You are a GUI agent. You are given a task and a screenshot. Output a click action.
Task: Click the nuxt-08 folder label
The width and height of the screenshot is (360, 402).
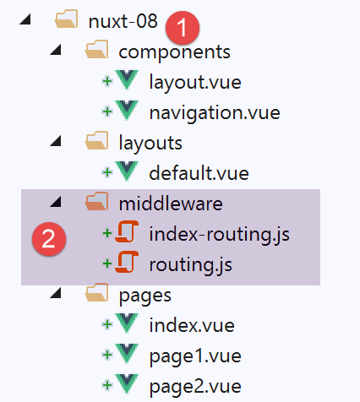coord(123,21)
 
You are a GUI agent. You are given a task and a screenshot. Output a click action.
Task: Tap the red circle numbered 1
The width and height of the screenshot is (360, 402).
coord(183,28)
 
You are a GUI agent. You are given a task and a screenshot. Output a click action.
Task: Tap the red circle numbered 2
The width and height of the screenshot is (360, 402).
coord(49,239)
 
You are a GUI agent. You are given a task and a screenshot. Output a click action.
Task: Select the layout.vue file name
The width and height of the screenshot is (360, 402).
coord(195,82)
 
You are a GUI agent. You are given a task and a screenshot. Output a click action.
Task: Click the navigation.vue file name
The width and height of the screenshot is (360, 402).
coord(215,113)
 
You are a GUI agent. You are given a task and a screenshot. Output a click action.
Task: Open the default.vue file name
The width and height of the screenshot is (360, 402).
coord(199,173)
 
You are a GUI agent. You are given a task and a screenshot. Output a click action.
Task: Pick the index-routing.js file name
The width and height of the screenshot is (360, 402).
coord(219,234)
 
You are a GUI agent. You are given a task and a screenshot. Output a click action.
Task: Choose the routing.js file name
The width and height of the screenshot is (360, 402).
coord(191,265)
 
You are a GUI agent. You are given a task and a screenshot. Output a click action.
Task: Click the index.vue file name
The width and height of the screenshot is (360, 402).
coord(192,325)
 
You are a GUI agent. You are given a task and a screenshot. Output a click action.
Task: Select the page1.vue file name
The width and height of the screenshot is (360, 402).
coord(195,356)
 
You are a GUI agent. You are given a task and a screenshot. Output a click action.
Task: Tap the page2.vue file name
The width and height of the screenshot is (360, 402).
coord(195,387)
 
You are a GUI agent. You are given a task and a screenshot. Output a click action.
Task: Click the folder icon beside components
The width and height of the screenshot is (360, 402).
coord(96,50)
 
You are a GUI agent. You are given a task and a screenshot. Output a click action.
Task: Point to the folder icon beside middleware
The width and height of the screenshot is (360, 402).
coord(96,202)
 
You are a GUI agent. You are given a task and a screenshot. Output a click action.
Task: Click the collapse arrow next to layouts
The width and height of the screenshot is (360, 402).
coord(56,141)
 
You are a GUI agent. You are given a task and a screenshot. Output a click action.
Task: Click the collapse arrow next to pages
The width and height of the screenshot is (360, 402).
coord(56,293)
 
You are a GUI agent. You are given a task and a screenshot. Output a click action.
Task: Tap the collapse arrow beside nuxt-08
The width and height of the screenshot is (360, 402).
coord(25,19)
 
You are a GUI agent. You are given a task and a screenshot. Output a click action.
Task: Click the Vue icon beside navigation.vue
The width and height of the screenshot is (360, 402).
coord(127,111)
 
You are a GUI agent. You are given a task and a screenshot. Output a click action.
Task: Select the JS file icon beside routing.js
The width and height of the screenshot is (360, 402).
coord(127,263)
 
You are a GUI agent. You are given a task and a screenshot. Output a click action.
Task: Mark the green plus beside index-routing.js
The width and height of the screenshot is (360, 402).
coord(106,233)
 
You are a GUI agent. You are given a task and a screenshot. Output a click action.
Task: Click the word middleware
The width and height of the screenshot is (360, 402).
coord(171,204)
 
